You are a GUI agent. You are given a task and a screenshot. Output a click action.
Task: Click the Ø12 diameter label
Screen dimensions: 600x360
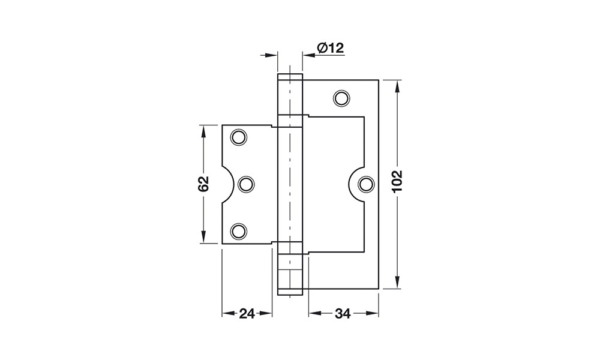(x=331, y=48)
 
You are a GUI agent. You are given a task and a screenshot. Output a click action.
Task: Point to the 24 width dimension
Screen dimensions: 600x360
(x=247, y=314)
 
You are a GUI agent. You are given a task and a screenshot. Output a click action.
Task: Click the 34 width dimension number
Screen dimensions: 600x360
(x=343, y=314)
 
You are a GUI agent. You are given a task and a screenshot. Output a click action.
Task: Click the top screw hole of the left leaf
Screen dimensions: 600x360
(x=238, y=137)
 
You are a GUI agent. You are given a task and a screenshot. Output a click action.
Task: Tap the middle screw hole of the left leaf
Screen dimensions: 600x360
(x=246, y=184)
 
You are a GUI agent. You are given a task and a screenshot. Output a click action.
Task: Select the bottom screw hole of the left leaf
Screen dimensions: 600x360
(x=238, y=231)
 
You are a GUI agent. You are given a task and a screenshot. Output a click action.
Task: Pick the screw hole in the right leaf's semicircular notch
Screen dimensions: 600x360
(x=366, y=184)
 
